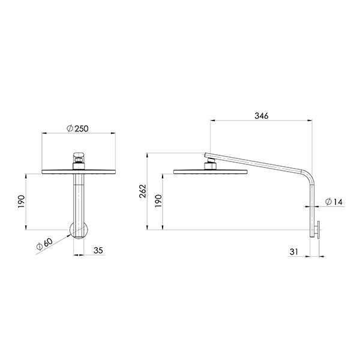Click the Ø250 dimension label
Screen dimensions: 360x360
79,128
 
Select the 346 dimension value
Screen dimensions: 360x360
261,116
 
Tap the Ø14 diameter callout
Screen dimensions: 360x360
334,202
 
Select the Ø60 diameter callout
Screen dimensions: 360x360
44,244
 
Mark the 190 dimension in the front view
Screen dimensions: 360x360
20,202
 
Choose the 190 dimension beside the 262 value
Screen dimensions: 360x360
158,202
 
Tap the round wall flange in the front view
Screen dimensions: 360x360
79,229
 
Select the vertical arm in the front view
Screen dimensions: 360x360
79,198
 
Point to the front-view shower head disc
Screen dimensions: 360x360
79,172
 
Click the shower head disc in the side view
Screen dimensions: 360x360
210,173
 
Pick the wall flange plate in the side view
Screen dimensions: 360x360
319,230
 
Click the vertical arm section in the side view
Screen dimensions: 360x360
313,204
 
